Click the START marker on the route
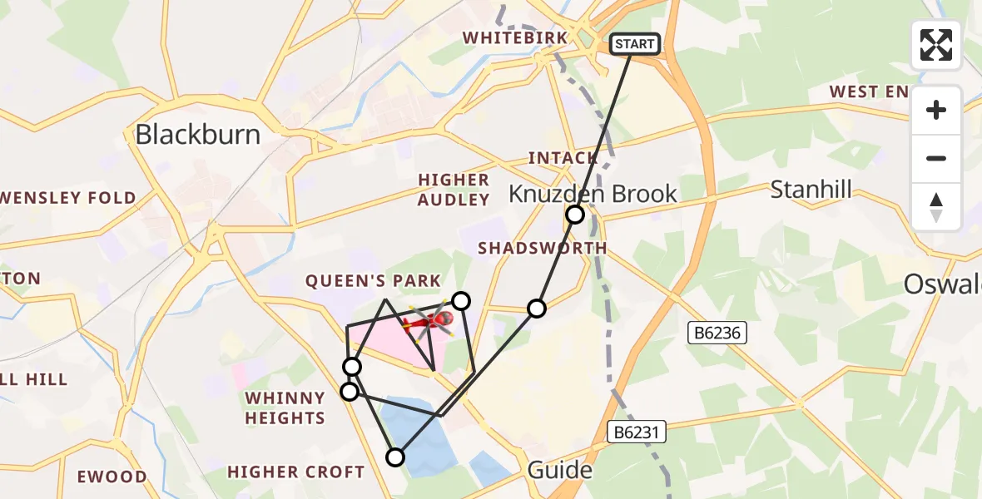pos(635,44)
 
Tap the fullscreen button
pos(936,45)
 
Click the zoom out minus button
pos(936,159)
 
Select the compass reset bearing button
pos(936,207)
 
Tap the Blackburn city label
pos(198,135)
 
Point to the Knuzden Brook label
pos(593,194)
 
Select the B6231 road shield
pos(637,432)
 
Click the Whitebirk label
pos(515,38)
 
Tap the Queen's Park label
pos(373,281)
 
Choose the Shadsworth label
pos(542,249)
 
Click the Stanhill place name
pos(811,190)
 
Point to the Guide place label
pos(560,472)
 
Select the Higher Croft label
pos(295,472)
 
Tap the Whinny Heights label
pos(285,408)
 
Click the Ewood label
pos(112,477)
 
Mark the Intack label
pos(563,158)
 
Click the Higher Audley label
pos(454,190)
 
